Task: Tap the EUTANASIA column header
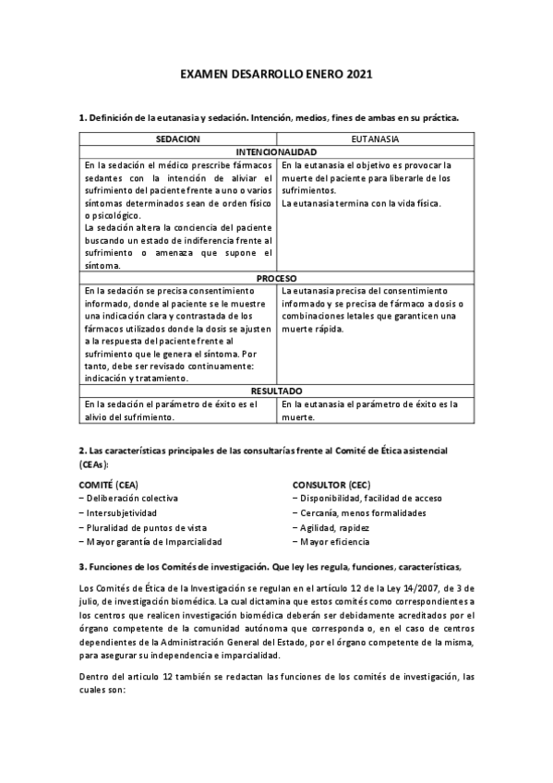[376, 139]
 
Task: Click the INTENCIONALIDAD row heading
[277, 151]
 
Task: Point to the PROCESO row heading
[277, 278]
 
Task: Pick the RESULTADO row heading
[277, 391]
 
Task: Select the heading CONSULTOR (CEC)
[331, 484]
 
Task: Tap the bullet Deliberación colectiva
[126, 499]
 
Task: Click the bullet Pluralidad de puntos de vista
[138, 527]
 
